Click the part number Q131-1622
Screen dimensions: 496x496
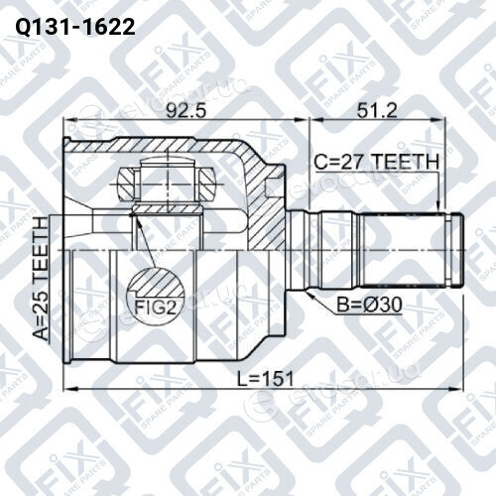[75, 27]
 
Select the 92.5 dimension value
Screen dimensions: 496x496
[186, 110]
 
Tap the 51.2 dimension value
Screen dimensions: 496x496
[376, 110]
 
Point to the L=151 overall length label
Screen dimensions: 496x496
[266, 379]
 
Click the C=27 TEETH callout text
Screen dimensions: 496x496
[377, 162]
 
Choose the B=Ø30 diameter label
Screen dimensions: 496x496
[369, 305]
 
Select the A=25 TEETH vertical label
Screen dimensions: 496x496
[42, 279]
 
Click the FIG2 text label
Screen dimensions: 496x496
[154, 308]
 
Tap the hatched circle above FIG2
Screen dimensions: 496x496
[156, 286]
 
